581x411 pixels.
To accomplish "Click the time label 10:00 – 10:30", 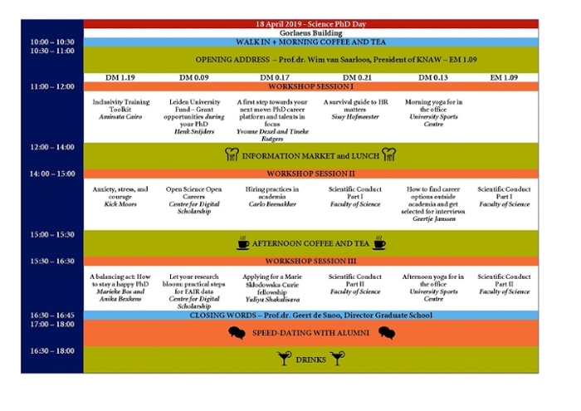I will click(51, 42).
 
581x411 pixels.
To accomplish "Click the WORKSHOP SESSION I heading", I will click(310, 86).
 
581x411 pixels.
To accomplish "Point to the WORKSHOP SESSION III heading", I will click(310, 261).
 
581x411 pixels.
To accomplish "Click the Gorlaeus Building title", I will click(310, 32).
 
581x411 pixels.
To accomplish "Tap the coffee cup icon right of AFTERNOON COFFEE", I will click(378, 243).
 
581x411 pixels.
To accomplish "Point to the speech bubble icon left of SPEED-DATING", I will click(237, 333).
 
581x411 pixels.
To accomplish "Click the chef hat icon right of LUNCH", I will click(388, 154).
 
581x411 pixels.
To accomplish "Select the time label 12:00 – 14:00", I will click(51, 147).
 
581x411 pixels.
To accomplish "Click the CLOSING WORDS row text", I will click(310, 316).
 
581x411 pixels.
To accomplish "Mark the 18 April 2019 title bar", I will click(310, 24).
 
